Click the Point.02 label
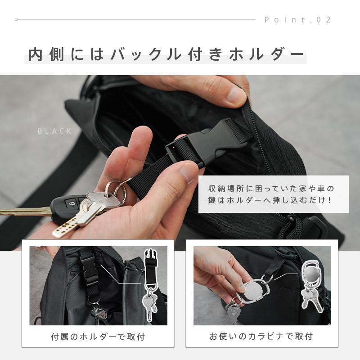point(297,20)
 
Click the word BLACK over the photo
point(54,131)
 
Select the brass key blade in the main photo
point(25,211)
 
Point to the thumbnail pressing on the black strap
point(189,172)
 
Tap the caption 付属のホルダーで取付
point(98,337)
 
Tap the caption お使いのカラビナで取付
point(261,336)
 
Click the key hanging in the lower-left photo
point(100,315)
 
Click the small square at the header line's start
point(16,19)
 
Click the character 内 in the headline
point(36,54)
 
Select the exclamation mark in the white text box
point(329,200)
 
